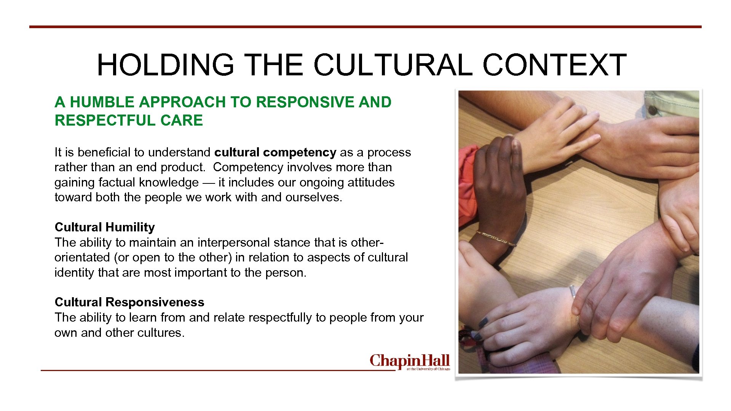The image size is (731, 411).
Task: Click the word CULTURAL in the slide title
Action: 393,65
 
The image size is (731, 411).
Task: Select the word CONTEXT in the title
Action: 554,65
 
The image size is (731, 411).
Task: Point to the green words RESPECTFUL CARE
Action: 129,120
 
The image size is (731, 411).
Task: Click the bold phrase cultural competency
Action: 275,152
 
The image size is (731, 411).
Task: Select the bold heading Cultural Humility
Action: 105,227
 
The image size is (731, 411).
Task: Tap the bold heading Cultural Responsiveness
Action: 129,302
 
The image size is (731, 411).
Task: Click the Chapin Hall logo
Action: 410,361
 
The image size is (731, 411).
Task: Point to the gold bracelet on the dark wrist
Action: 495,238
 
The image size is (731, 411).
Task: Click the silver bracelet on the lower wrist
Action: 572,292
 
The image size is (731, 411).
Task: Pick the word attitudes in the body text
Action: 371,182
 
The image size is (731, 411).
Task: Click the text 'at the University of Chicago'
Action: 428,369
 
